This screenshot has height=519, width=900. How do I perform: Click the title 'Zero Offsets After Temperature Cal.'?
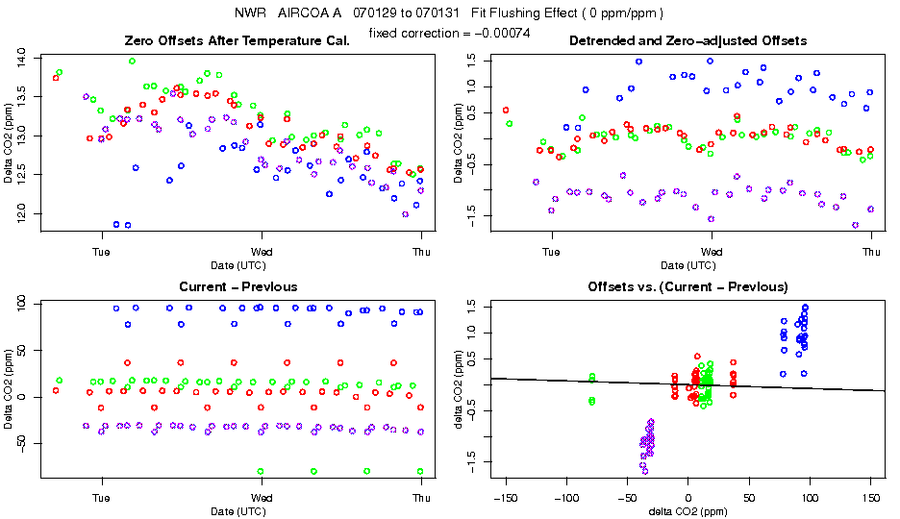point(261,40)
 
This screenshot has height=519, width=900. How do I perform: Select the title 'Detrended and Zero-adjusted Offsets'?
point(687,40)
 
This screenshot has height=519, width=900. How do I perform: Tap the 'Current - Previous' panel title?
point(238,286)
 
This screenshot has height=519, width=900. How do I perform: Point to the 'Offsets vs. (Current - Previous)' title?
point(687,286)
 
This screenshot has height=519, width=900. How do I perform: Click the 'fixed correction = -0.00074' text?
point(449,33)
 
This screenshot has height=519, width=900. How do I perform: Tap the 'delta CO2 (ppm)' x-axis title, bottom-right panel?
point(687,511)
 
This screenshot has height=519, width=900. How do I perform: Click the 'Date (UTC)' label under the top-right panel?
point(687,265)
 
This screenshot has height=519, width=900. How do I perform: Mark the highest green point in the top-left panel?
point(133,61)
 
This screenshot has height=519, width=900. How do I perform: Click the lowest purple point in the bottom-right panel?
point(644,471)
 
